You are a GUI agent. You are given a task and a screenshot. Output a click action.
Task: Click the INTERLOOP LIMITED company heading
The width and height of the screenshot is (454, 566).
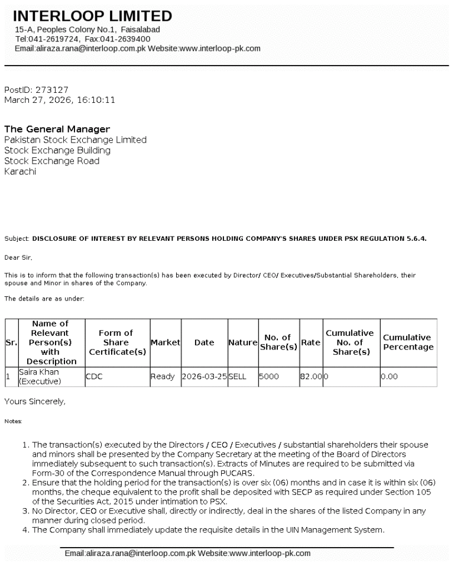click(x=92, y=16)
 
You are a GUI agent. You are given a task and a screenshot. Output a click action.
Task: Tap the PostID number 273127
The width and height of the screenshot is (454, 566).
click(x=52, y=90)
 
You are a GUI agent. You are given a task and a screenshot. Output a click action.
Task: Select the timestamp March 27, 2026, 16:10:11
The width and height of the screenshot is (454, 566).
click(x=60, y=100)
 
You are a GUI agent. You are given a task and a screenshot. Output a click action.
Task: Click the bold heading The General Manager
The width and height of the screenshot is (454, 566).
click(x=57, y=129)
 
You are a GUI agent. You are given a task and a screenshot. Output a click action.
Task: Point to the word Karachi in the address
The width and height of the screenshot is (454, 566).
click(x=20, y=172)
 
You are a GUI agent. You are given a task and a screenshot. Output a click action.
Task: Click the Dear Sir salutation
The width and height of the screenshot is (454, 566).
click(x=19, y=257)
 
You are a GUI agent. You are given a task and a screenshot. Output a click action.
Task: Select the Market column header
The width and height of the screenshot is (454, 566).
click(x=166, y=342)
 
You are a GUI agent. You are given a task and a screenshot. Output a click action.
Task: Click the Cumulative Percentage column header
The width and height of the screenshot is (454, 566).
click(x=408, y=342)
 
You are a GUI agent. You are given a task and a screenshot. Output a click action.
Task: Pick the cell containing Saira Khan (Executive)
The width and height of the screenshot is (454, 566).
click(x=39, y=376)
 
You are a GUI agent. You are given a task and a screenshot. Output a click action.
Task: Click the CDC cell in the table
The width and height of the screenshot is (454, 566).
click(x=95, y=376)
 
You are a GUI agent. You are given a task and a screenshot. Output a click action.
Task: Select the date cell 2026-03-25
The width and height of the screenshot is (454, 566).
click(x=205, y=376)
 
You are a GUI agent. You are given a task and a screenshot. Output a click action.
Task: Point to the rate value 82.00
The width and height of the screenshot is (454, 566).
click(x=311, y=376)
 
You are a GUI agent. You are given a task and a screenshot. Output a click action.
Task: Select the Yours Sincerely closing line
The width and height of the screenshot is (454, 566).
click(x=35, y=402)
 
